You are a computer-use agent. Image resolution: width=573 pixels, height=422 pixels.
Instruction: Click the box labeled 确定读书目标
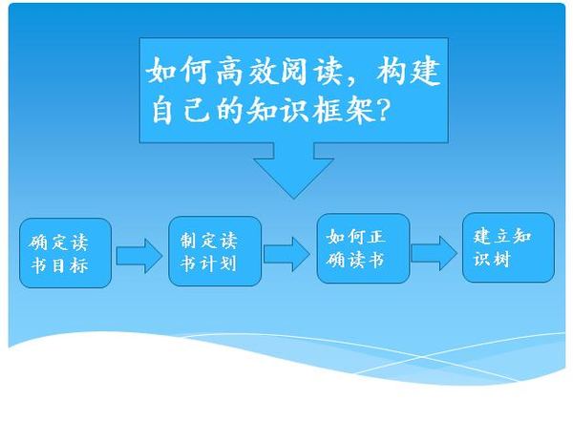click(x=65, y=253)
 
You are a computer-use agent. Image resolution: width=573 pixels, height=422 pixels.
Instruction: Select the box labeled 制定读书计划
click(x=215, y=251)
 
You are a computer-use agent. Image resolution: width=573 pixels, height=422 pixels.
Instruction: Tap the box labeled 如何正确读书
click(x=363, y=248)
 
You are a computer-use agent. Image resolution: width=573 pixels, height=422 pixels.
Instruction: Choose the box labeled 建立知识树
click(x=508, y=247)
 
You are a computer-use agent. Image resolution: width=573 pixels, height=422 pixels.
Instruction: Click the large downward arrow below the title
click(x=293, y=172)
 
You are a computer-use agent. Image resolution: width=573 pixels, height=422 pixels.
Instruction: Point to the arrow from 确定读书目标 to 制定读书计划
click(x=139, y=256)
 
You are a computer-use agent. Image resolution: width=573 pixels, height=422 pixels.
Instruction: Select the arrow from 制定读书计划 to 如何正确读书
click(x=286, y=254)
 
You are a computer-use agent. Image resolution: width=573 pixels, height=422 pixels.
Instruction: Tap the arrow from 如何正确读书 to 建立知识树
click(x=435, y=253)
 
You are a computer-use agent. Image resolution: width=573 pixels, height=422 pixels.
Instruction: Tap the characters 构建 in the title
click(x=408, y=71)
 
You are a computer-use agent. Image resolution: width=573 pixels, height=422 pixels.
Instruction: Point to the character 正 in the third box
click(x=376, y=237)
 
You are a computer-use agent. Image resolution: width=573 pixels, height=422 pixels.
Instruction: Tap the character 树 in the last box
click(x=501, y=260)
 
